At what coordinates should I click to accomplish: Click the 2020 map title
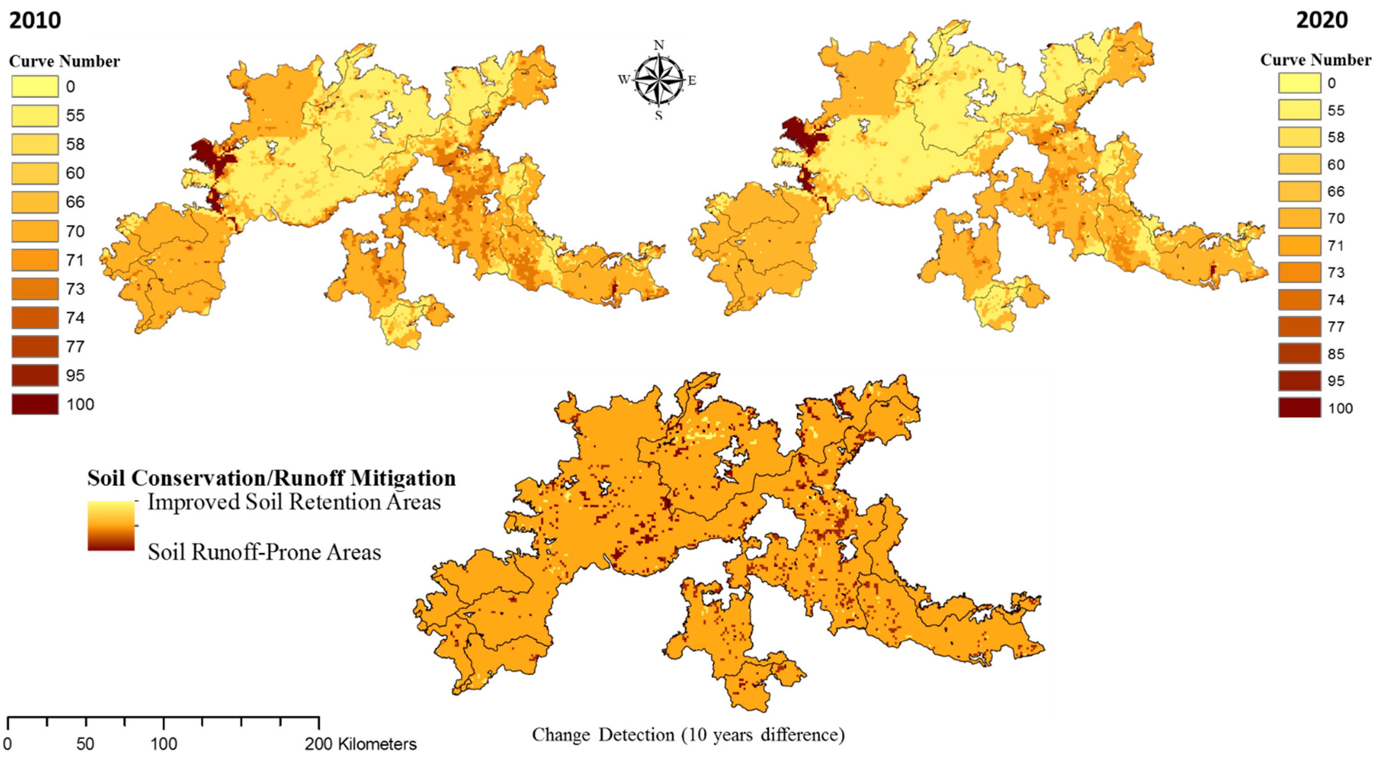coord(1321,20)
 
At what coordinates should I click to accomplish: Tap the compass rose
coord(658,80)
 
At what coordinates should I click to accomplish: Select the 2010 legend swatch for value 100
coord(35,404)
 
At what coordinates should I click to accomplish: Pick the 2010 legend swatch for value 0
coord(35,86)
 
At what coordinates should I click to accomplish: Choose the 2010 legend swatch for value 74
coord(35,317)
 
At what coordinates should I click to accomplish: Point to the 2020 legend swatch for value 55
coord(1299,110)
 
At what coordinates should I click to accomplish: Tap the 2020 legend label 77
coord(1336,327)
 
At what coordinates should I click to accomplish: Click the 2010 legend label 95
coord(75,375)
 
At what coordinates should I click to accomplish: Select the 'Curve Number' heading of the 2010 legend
coord(64,61)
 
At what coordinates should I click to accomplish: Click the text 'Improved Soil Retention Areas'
coord(294,502)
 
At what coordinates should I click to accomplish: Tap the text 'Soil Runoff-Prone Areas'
coord(264,552)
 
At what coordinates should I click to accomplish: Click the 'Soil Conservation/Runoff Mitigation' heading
coord(271,477)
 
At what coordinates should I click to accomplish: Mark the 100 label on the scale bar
coord(163,744)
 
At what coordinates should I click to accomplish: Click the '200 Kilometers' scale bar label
coord(360,744)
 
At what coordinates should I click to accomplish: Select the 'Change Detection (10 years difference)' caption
coord(688,734)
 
